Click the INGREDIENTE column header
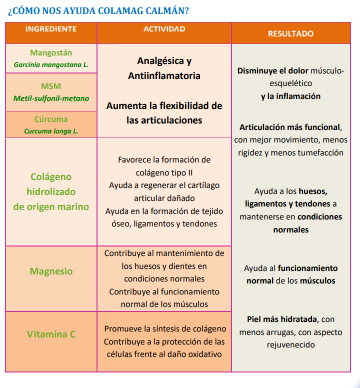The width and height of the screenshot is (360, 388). click(x=51, y=29)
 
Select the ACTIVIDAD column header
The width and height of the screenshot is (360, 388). click(x=164, y=29)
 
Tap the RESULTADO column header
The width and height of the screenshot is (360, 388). click(x=290, y=33)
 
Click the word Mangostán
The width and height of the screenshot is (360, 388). click(x=51, y=52)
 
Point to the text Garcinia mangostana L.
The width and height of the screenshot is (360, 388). click(x=51, y=64)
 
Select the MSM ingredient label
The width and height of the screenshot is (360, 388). click(x=51, y=86)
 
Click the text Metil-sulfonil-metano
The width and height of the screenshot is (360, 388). click(x=51, y=98)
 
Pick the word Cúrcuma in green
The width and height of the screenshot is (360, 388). click(x=51, y=119)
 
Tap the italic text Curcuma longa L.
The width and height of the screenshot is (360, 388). click(x=51, y=131)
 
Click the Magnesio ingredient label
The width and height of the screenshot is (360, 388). click(x=51, y=271)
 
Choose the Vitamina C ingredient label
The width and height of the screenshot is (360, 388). click(x=51, y=334)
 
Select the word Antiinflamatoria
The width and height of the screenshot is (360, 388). click(x=164, y=76)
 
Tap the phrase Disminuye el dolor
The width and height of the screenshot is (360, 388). click(x=272, y=70)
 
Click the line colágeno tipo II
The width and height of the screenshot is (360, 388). click(x=164, y=172)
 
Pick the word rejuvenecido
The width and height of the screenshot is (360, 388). click(x=290, y=344)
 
